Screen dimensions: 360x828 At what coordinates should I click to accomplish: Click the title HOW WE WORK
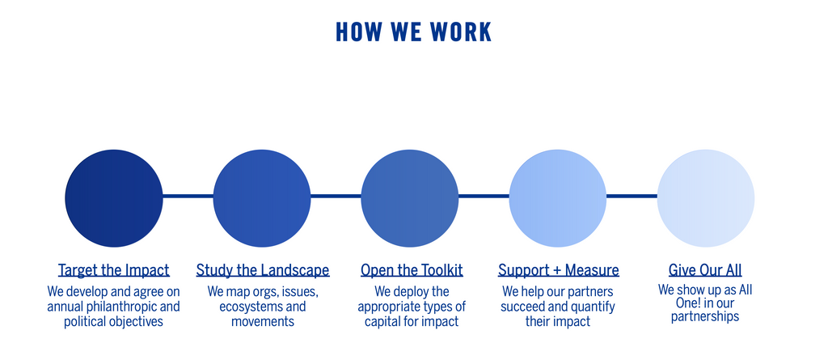click(413, 32)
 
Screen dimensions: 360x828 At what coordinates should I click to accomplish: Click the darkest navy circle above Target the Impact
click(114, 198)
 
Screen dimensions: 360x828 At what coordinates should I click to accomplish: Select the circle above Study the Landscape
click(262, 198)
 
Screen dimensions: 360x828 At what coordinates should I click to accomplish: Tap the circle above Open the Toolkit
click(410, 198)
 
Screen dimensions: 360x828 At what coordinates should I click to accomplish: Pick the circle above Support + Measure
click(558, 198)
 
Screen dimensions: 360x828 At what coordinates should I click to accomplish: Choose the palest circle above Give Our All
click(705, 198)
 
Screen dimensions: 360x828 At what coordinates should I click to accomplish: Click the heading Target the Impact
click(114, 270)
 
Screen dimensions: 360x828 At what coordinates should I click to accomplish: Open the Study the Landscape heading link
click(263, 270)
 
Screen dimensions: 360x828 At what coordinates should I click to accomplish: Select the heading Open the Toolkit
click(412, 270)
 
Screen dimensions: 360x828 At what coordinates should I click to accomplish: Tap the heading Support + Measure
click(558, 270)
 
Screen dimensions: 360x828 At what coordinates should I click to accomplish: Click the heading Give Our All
click(705, 270)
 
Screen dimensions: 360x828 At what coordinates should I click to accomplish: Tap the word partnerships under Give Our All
click(705, 317)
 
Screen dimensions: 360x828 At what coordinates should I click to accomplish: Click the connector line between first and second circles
click(188, 196)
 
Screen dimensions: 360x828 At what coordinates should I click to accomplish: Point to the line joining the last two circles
click(632, 196)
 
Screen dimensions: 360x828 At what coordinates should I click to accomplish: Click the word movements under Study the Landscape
click(262, 322)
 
